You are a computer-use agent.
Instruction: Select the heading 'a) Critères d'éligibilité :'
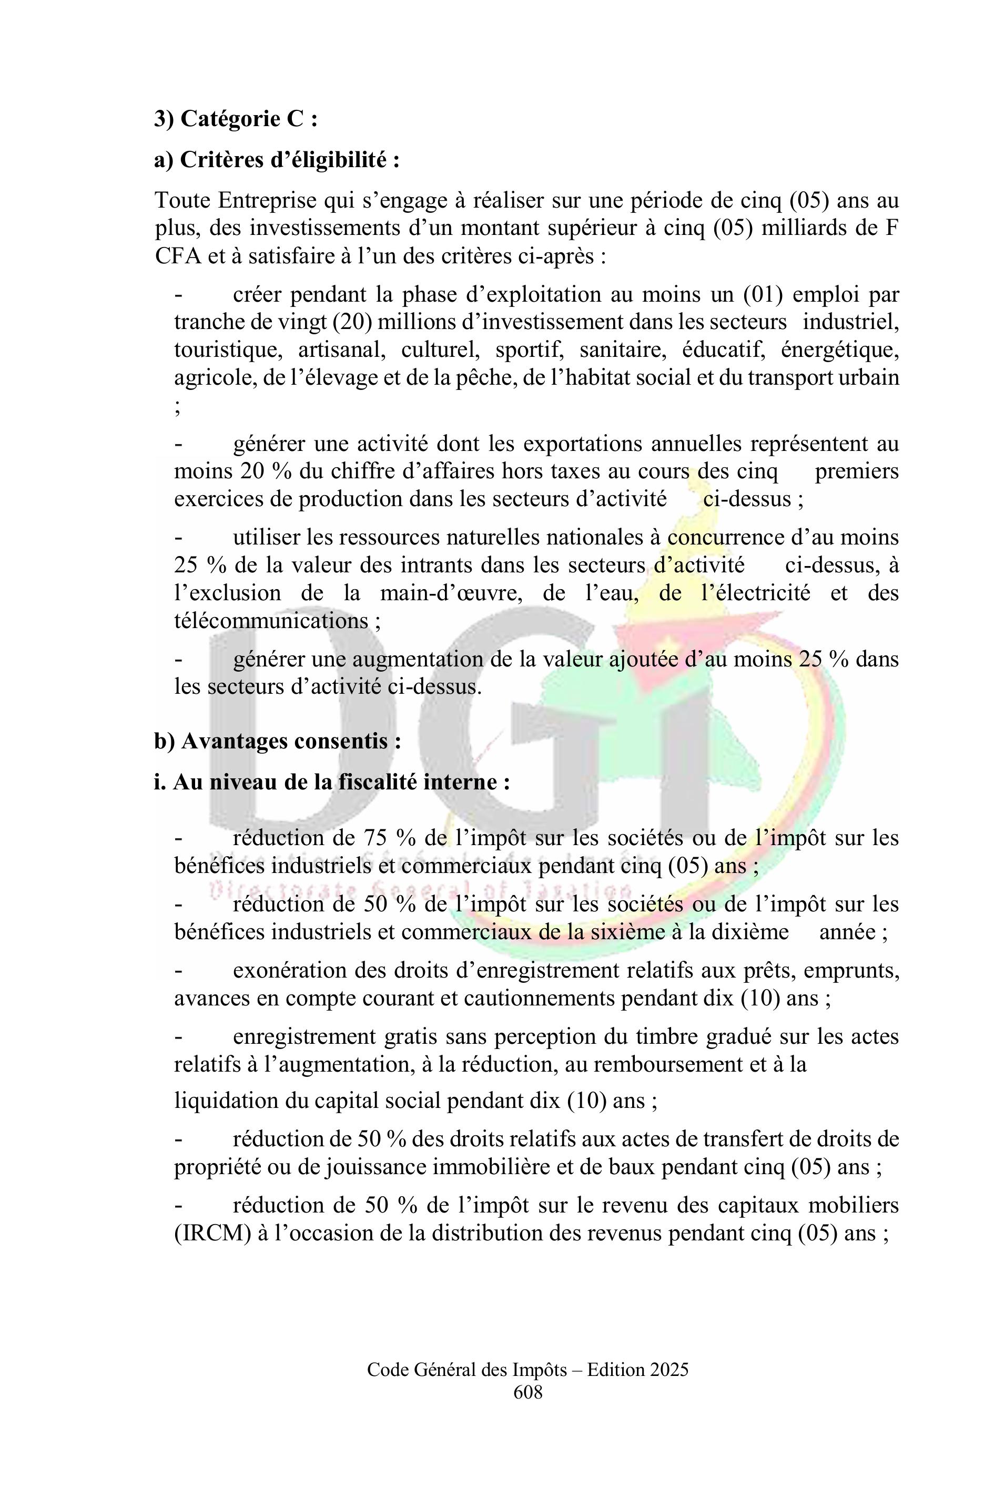[277, 160]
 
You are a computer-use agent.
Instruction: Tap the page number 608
[528, 1410]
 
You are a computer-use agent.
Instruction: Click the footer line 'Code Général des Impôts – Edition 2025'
[528, 1388]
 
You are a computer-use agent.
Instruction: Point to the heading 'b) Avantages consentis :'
[277, 741]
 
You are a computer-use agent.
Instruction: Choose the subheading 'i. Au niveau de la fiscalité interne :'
[331, 782]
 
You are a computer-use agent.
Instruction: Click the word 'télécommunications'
[271, 620]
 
